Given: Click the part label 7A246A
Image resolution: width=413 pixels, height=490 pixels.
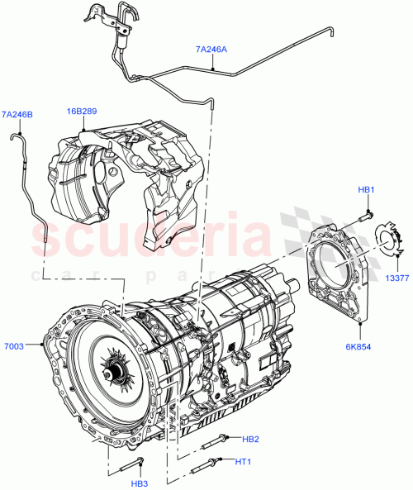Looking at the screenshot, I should (x=211, y=50).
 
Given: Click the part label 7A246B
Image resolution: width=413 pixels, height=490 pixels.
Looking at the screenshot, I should (x=17, y=114).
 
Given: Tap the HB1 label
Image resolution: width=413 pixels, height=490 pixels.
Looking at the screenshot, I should (x=367, y=191).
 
